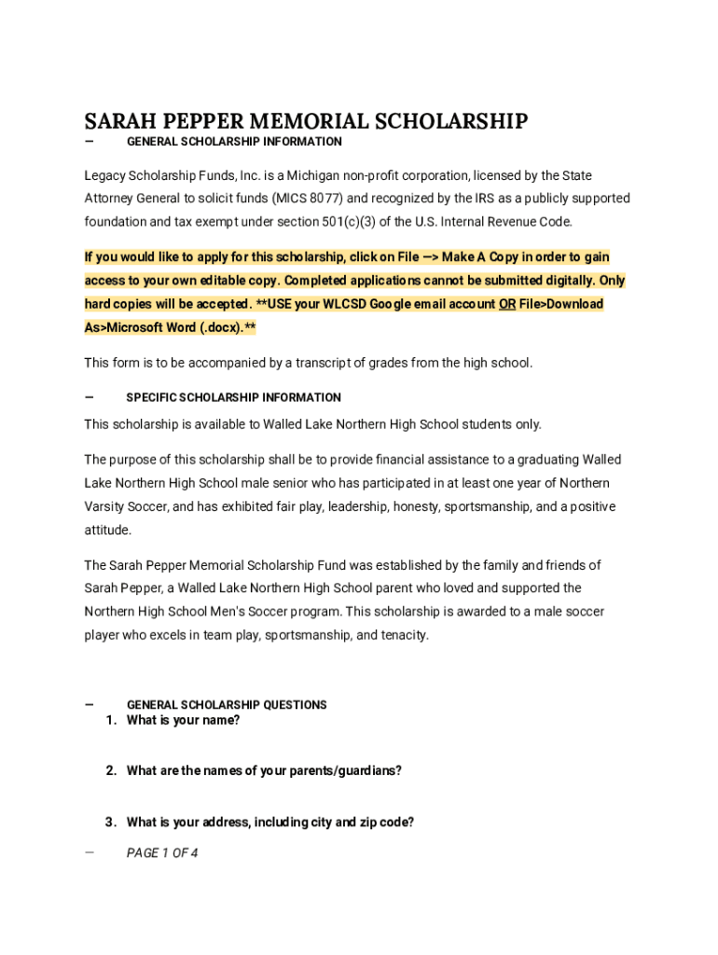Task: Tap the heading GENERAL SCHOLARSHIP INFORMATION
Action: point(234,142)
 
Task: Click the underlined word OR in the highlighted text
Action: point(506,304)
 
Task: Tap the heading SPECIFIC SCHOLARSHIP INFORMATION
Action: point(233,397)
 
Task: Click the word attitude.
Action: point(107,530)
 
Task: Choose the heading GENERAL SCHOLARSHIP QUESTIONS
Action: point(227,705)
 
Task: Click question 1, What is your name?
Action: point(183,720)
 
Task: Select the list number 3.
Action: point(110,822)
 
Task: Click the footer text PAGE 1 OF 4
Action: point(162,852)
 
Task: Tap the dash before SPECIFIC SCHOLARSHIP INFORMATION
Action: point(89,396)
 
